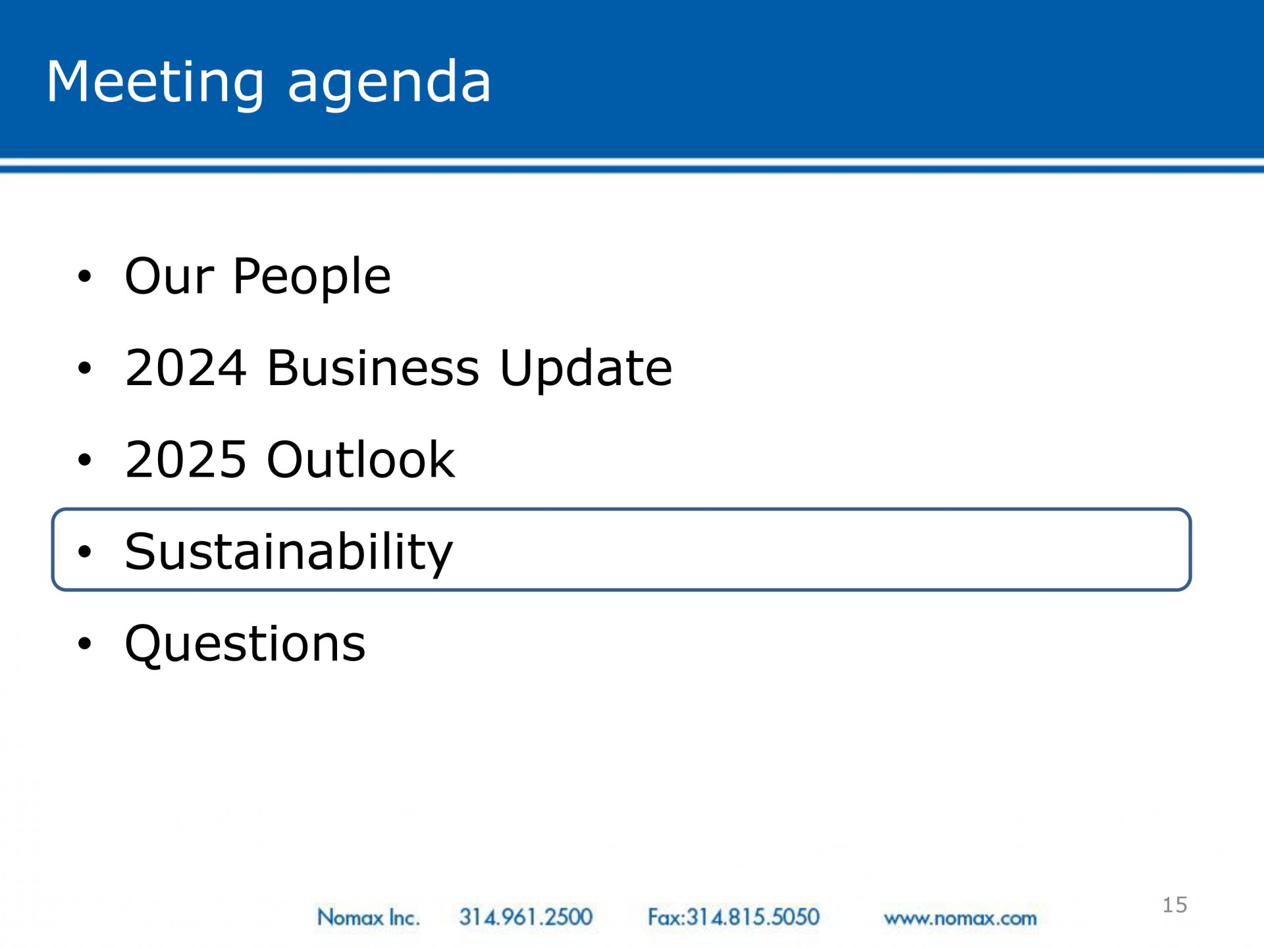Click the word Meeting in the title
(x=155, y=83)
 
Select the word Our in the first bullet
(x=169, y=275)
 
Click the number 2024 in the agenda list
(x=186, y=367)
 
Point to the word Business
(x=373, y=367)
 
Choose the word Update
(x=586, y=369)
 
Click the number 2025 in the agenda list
(x=186, y=460)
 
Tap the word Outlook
(x=361, y=459)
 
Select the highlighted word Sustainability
(x=289, y=552)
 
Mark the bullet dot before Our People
(x=84, y=276)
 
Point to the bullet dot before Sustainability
(x=84, y=552)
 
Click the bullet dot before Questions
(x=84, y=644)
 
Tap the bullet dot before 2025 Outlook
(x=84, y=460)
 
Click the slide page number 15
(x=1174, y=905)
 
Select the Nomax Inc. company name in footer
(x=368, y=917)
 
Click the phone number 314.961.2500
(x=526, y=917)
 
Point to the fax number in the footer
(x=733, y=917)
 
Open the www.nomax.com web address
(x=960, y=918)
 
